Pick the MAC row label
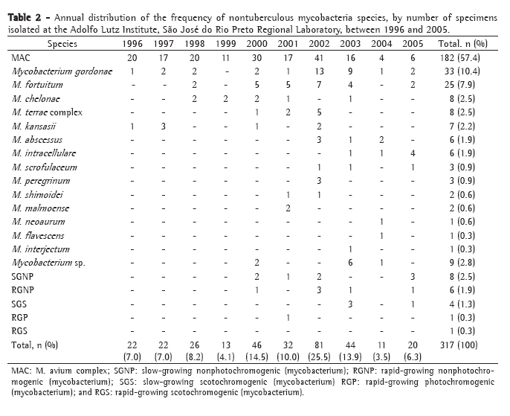pyautogui.click(x=22, y=57)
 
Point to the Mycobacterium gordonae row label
pyautogui.click(x=57, y=71)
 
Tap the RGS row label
pyautogui.click(x=21, y=330)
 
